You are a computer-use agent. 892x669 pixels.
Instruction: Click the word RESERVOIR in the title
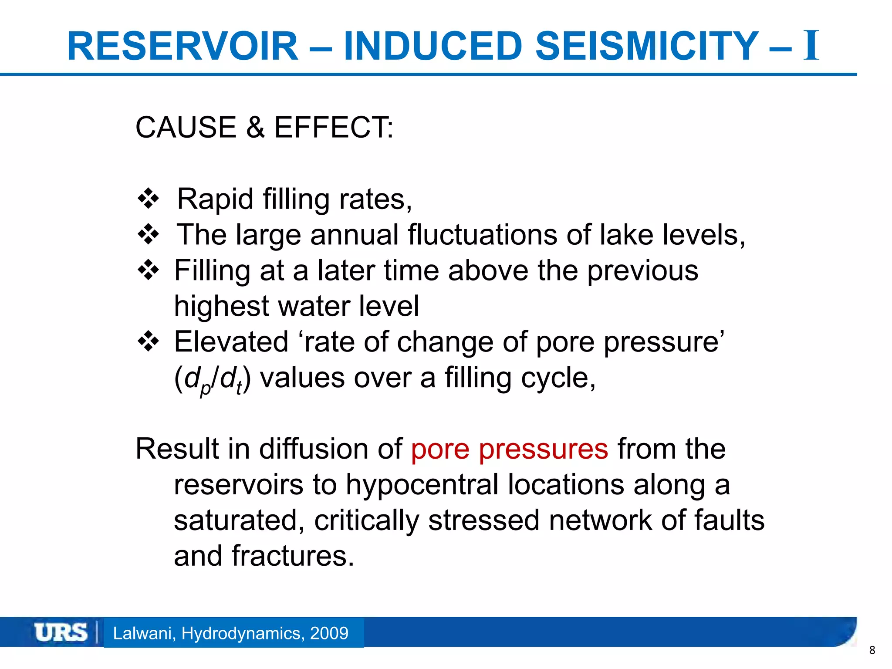(182, 46)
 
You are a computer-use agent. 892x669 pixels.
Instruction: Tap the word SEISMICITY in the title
(647, 46)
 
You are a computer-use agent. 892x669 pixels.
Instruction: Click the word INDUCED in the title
(433, 46)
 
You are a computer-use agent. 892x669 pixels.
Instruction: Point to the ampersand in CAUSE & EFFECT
(255, 128)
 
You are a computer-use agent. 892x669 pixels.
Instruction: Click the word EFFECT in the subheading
(333, 128)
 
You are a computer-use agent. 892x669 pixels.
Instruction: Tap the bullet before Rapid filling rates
(148, 199)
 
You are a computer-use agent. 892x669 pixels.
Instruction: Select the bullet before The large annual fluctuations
(148, 235)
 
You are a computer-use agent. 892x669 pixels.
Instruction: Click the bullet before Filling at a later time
(148, 270)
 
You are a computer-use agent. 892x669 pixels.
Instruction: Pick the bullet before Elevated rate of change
(148, 342)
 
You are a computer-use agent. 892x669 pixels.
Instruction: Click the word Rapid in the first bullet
(215, 199)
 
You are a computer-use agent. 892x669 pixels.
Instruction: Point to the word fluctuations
(483, 235)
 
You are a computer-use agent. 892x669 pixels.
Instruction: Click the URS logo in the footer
(61, 632)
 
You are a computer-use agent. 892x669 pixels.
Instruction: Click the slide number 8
(872, 650)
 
